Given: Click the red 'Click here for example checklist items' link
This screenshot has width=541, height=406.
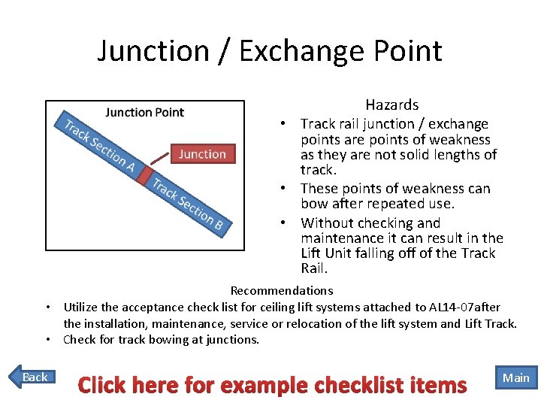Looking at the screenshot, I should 272,386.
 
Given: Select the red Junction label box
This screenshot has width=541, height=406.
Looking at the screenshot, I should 202,153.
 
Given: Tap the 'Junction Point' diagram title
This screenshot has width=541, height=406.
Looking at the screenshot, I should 145,113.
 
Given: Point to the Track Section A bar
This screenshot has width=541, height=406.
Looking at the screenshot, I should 98,144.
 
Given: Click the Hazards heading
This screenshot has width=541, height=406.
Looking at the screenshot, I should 391,105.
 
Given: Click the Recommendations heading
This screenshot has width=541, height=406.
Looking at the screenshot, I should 282,290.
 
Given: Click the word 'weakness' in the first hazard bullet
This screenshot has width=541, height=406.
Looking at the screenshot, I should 460,140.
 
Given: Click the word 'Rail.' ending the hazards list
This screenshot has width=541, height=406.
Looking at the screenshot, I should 315,268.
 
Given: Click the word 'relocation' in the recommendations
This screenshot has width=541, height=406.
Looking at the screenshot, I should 346,323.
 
